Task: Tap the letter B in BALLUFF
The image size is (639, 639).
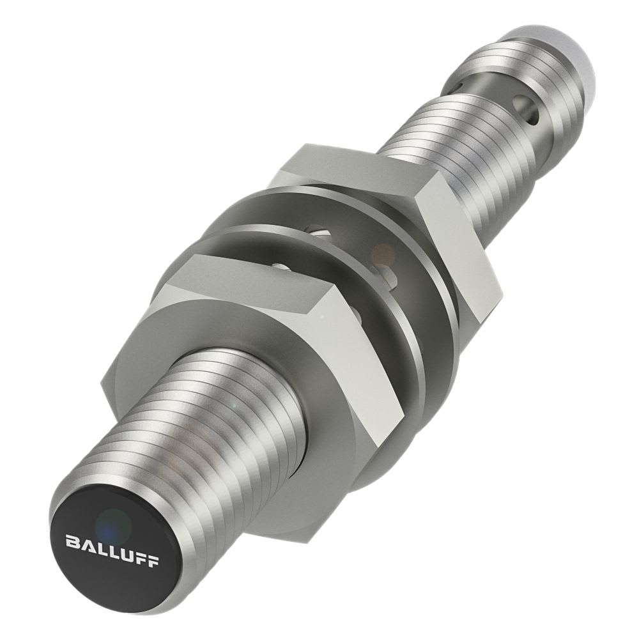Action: [x=73, y=543]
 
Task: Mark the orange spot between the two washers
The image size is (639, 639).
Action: [x=383, y=253]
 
